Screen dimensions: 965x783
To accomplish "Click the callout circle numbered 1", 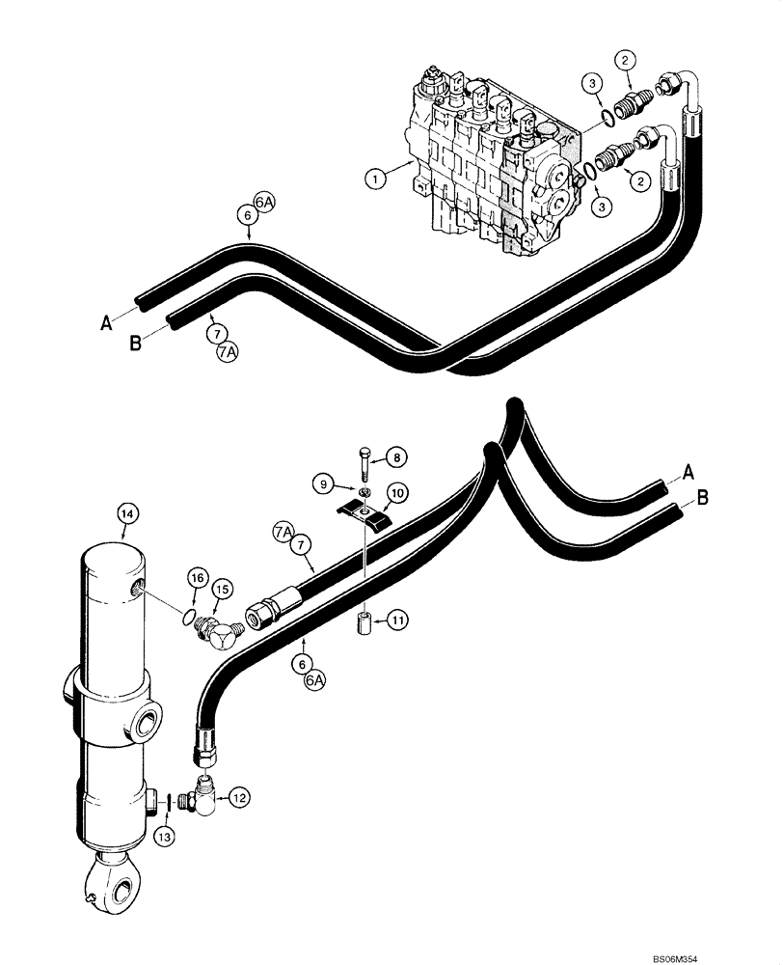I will point(374,178).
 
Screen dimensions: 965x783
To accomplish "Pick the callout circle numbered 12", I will point(240,797).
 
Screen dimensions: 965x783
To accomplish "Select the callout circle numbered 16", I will point(197,578).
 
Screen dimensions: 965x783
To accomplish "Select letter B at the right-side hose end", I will point(703,498).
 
